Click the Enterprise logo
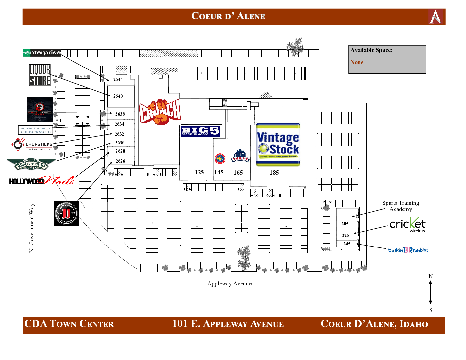tap(42, 53)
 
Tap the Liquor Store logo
tap(40, 75)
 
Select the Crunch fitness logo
tap(160, 112)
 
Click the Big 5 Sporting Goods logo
tap(200, 131)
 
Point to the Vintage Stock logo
tap(278, 145)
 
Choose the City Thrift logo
tap(240, 156)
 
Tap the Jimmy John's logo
tap(66, 213)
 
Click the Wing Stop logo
tap(31, 164)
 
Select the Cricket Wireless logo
tap(408, 225)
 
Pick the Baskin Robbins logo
tap(408, 250)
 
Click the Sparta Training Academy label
tap(400, 206)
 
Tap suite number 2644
tap(118, 79)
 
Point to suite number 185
tap(274, 172)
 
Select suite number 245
tap(347, 244)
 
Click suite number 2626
tap(120, 161)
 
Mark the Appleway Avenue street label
tap(229, 283)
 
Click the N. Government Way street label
tap(32, 228)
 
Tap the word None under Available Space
tap(357, 62)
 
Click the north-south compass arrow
tap(430, 292)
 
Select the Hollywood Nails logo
tap(42, 181)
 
